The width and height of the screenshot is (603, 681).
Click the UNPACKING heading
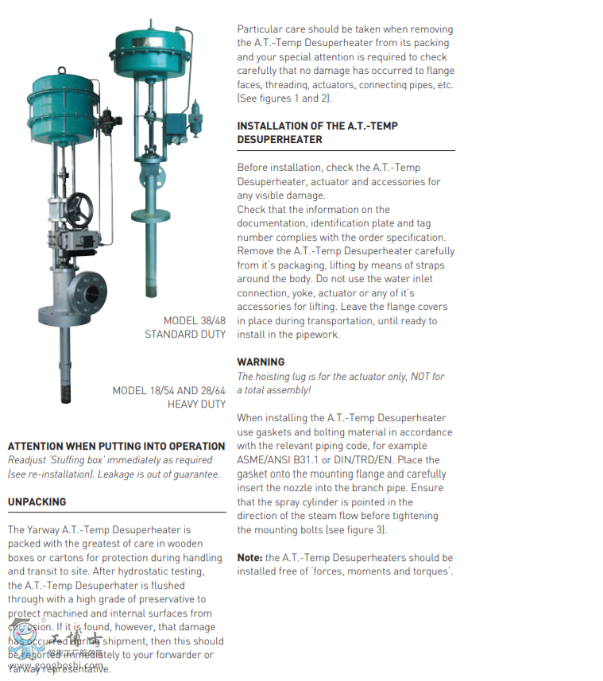pyautogui.click(x=37, y=502)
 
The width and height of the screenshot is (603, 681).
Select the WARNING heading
pyautogui.click(x=261, y=362)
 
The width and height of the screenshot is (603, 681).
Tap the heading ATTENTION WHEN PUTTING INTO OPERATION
pyautogui.click(x=116, y=446)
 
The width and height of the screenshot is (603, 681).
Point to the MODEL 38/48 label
pyautogui.click(x=195, y=321)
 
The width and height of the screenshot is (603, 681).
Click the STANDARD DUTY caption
pyautogui.click(x=185, y=335)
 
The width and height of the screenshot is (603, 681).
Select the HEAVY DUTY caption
pyautogui.click(x=196, y=404)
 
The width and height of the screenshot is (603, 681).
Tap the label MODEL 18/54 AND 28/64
pyautogui.click(x=169, y=390)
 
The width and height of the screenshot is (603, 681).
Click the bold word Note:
pyautogui.click(x=249, y=558)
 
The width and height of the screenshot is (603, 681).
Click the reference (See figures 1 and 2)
pyautogui.click(x=284, y=99)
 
